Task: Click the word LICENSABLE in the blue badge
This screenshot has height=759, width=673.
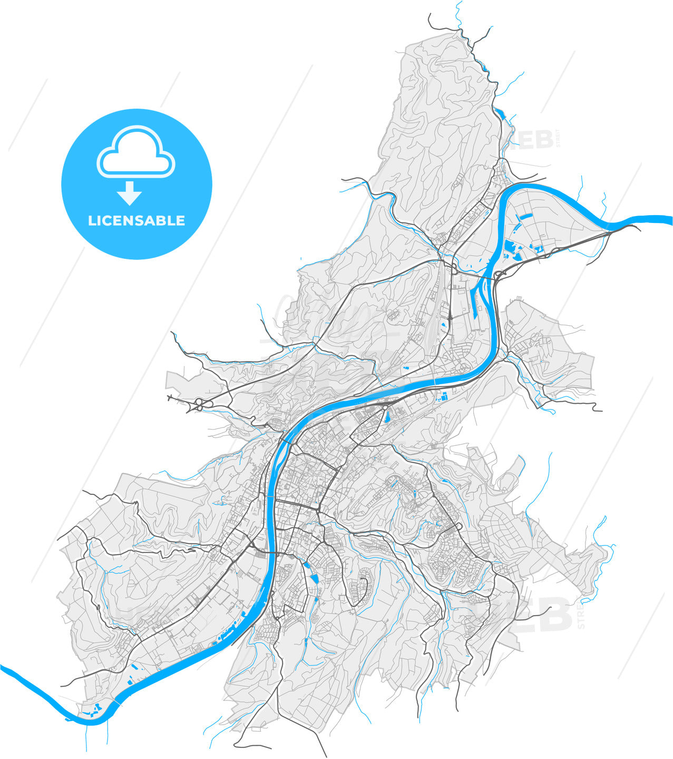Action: coord(136,220)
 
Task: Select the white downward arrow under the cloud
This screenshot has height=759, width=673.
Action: coord(129,193)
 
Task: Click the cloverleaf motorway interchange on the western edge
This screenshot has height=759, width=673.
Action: coord(200,405)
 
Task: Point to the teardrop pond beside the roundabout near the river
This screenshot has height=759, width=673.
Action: coord(388,417)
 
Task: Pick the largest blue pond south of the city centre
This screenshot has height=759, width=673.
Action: coord(315,578)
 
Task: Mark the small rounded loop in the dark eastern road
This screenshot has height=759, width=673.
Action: coord(459,527)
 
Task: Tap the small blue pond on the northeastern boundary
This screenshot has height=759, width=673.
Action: coord(499,112)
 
